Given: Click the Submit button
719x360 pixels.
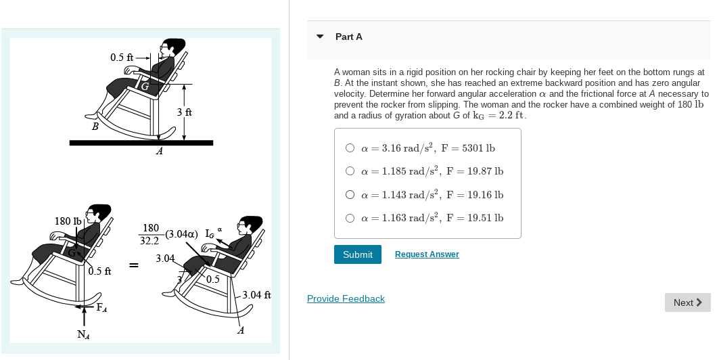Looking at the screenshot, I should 357,254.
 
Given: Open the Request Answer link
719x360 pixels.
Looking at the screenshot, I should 426,254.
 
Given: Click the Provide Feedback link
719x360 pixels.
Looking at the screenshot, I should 346,298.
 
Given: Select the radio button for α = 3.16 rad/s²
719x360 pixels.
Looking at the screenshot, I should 350,148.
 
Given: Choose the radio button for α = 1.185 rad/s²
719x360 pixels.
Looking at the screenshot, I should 350,171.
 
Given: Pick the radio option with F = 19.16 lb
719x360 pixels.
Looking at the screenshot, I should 350,195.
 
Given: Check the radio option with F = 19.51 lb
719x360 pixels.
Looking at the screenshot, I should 350,218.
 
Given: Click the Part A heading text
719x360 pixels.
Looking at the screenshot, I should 348,37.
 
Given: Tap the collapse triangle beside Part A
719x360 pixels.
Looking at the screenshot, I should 320,37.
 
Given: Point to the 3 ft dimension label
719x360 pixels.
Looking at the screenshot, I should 184,112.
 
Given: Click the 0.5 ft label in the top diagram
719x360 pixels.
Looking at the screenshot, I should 122,58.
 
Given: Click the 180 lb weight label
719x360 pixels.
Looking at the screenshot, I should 67,221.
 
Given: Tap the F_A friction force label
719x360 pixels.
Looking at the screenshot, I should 101,308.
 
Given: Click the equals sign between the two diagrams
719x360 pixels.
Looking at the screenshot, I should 134,265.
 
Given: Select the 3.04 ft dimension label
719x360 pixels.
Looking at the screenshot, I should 256,295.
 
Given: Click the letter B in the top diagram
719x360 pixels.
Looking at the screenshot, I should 95,126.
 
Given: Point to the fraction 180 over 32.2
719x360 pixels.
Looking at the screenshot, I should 150,234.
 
